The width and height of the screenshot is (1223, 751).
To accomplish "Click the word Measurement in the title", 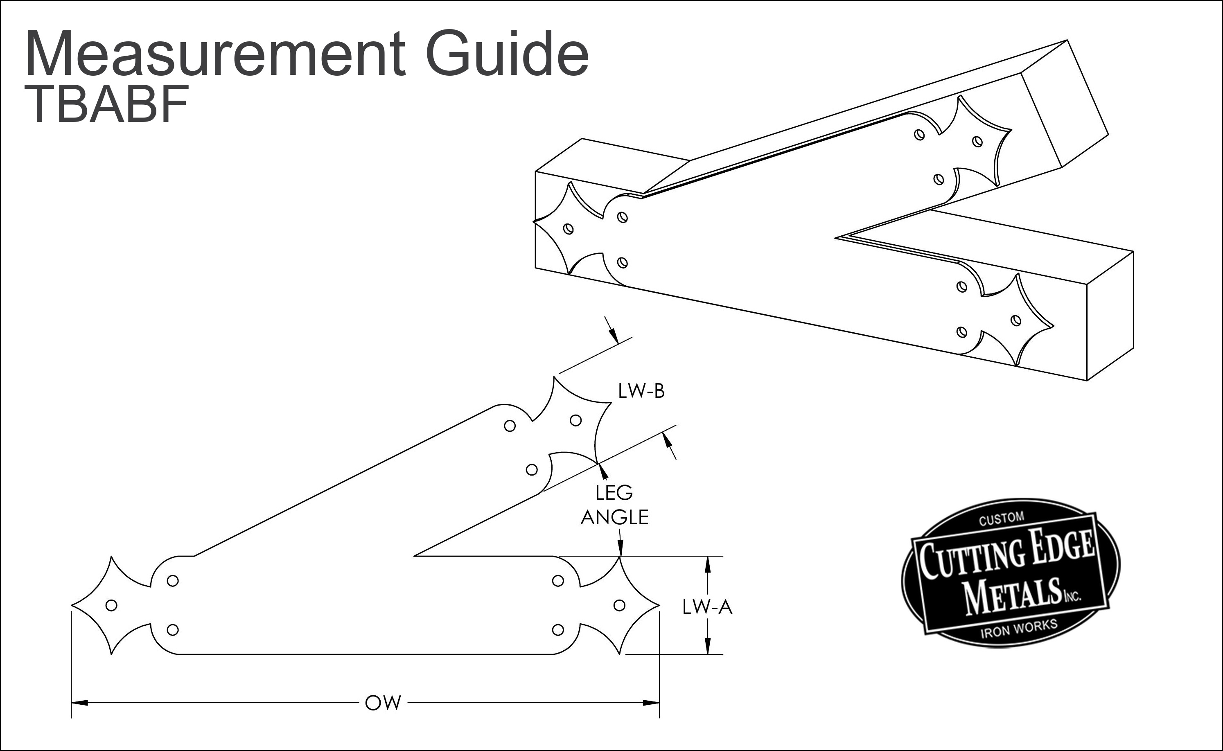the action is pyautogui.click(x=215, y=53).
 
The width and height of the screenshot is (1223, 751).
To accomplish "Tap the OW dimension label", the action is pyautogui.click(x=383, y=703).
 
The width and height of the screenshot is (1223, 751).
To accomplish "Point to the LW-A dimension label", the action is pyautogui.click(x=707, y=607).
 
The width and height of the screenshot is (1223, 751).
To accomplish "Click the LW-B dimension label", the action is pyautogui.click(x=641, y=391).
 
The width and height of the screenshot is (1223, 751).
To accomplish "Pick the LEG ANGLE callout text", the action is pyautogui.click(x=614, y=505).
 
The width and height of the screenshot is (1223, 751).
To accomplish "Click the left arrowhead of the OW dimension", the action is pyautogui.click(x=79, y=703).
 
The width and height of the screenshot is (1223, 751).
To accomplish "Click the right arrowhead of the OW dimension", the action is pyautogui.click(x=651, y=703).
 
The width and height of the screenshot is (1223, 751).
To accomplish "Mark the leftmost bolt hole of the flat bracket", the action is pyautogui.click(x=112, y=605).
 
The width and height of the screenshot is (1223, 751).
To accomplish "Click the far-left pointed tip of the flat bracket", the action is pyautogui.click(x=72, y=605).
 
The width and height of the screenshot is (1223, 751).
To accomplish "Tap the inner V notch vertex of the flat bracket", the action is pyautogui.click(x=414, y=556).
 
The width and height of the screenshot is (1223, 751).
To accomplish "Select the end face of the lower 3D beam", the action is pyautogui.click(x=1110, y=316).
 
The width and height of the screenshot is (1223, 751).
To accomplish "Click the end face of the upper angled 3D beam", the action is pyautogui.click(x=1065, y=103).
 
